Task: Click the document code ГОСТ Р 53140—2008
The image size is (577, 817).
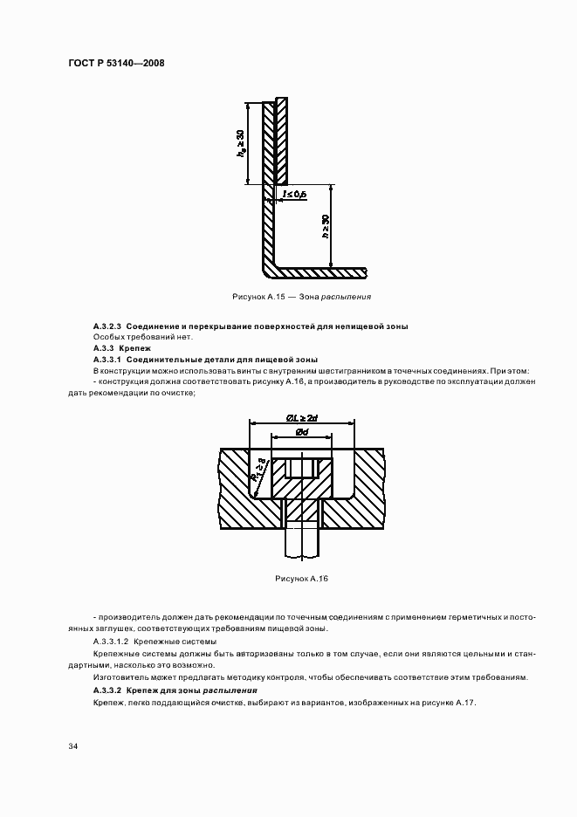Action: coord(116,63)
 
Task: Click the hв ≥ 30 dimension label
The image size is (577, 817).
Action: coord(240,142)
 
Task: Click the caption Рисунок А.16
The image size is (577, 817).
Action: coord(300,579)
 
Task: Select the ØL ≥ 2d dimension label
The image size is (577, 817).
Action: coord(302,418)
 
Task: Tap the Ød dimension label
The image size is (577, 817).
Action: coord(301,433)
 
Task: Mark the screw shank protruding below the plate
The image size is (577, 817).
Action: coord(301,541)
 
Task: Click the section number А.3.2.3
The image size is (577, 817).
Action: coord(108,326)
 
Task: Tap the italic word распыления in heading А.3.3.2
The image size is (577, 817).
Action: coord(230,690)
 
